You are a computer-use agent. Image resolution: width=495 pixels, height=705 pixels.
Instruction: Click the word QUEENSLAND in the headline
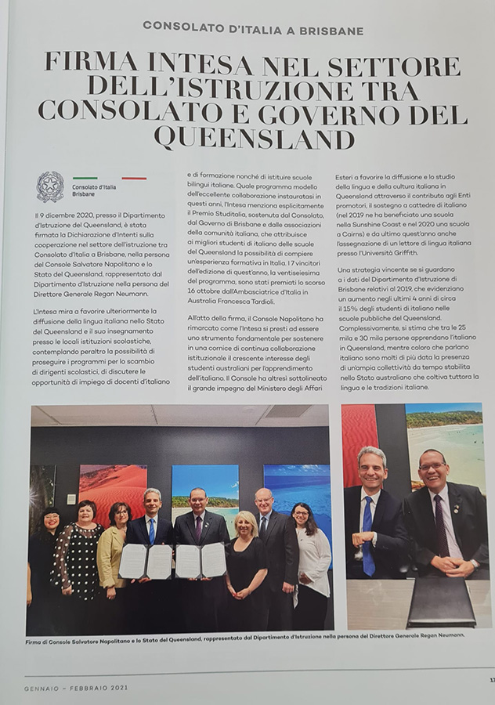pyautogui.click(x=254, y=138)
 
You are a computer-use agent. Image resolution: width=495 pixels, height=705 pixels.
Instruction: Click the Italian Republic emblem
pyautogui.click(x=50, y=186)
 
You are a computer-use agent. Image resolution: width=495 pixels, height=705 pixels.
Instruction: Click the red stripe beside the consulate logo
pyautogui.click(x=134, y=179)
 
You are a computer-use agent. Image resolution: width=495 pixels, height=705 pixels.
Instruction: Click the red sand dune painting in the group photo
pyautogui.click(x=112, y=490)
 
